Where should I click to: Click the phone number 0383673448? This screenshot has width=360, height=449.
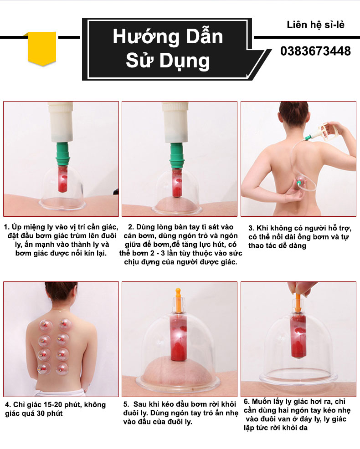pyautogui.click(x=315, y=51)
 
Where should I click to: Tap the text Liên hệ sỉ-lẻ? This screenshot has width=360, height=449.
pyautogui.click(x=315, y=25)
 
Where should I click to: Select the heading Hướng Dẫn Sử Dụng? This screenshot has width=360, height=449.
pyautogui.click(x=168, y=49)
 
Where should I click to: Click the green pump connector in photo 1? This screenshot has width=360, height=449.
pyautogui.click(x=62, y=153)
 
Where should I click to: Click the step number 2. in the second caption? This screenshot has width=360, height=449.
pyautogui.click(x=131, y=227)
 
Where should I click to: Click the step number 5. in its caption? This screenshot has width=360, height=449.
pyautogui.click(x=126, y=404)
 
